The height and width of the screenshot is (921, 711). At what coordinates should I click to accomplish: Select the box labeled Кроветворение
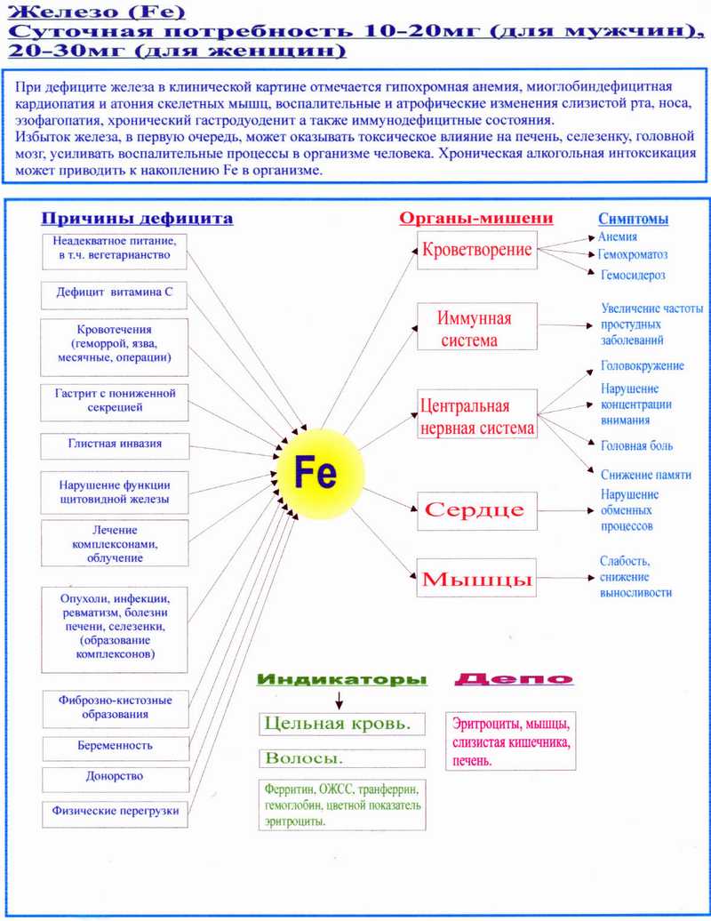pos(476,250)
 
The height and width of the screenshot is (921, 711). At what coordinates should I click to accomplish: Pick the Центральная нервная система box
pos(477,417)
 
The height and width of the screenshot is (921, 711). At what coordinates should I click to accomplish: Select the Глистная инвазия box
pos(115,444)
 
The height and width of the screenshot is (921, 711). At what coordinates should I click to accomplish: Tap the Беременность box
pos(115,749)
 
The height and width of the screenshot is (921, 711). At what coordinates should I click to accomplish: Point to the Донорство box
pos(115,777)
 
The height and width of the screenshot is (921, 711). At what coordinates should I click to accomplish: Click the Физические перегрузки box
pos(115,811)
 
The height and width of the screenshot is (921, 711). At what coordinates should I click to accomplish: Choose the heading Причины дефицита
pos(138,219)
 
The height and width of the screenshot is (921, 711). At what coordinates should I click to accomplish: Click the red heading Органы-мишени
pos(476,219)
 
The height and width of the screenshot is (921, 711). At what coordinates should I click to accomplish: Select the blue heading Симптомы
pos(633,220)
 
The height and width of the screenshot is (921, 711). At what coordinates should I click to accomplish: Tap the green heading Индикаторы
pos(341,681)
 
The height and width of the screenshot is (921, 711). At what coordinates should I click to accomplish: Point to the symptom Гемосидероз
pos(633,276)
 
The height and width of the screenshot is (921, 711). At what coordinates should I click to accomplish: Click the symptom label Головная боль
pos(636,446)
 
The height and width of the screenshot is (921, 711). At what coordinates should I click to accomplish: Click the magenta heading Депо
pos(513,680)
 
